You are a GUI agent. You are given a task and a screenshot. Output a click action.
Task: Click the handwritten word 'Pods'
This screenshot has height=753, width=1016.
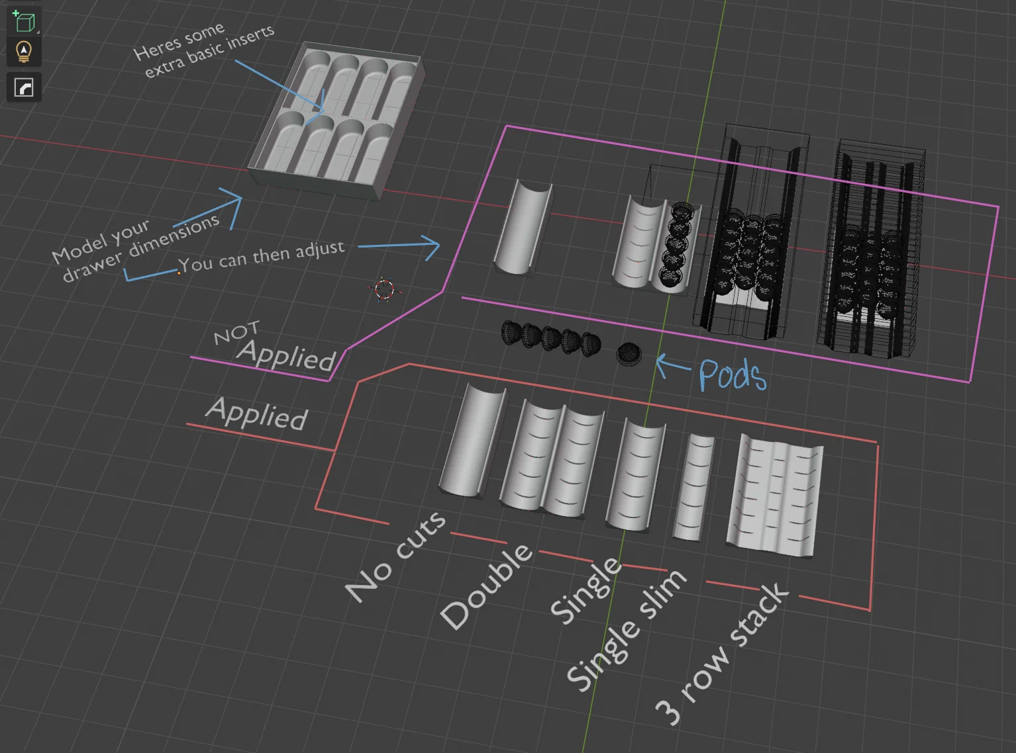(x=733, y=375)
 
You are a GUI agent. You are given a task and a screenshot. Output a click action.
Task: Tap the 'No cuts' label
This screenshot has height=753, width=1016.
(x=395, y=557)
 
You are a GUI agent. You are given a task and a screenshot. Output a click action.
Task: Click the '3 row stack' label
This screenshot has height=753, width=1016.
(x=723, y=655)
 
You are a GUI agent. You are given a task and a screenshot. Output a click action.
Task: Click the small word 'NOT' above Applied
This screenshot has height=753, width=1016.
(x=236, y=333)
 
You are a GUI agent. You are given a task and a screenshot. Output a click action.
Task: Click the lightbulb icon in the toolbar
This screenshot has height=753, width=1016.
(x=24, y=52)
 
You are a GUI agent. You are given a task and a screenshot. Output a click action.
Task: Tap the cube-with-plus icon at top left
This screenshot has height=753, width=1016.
(x=24, y=22)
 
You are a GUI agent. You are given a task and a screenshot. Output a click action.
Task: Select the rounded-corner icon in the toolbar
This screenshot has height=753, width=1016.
(x=24, y=87)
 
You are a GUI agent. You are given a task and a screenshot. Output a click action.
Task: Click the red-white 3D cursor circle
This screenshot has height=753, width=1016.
(x=383, y=289)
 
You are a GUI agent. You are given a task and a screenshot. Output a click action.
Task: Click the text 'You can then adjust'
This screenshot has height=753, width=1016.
(x=262, y=256)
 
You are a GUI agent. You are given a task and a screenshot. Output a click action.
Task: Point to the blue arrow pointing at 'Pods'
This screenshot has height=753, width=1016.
(x=672, y=363)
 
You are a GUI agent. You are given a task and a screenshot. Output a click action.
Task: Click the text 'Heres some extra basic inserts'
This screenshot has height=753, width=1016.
(x=203, y=50)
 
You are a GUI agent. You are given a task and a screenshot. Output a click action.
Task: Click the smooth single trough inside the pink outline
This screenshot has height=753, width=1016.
(x=523, y=227)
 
